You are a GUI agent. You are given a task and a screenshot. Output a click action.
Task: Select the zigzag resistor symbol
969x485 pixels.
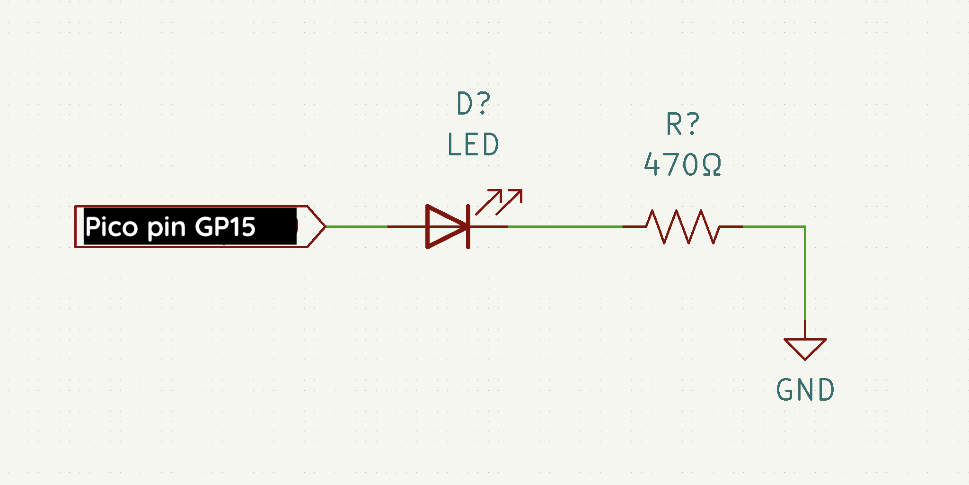coord(683,227)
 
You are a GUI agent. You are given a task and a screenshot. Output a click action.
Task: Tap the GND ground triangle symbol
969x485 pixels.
coord(805,348)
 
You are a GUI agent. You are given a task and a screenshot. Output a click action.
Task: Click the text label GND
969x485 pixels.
coord(805,390)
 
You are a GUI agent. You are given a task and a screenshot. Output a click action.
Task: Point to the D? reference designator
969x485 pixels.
coord(473,103)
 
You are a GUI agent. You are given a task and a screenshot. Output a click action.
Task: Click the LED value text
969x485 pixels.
coord(473,144)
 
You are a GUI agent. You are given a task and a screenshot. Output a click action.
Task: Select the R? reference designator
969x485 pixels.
coord(683,124)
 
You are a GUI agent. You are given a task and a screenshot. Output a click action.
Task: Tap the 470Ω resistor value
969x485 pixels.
coord(683,165)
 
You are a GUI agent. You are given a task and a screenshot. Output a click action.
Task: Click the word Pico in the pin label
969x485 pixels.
coord(111,227)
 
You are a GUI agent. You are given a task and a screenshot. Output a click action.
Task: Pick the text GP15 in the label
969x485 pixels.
coord(225,227)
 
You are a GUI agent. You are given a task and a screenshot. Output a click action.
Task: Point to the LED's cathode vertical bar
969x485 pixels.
coord(468,226)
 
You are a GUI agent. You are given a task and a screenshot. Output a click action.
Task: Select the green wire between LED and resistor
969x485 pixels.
coord(565,227)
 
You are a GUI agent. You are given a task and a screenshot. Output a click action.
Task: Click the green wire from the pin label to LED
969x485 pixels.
coord(356,226)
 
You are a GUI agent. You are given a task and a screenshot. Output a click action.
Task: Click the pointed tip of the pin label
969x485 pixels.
coord(324,226)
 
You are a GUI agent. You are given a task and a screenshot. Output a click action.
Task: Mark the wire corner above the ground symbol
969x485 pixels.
coord(805,227)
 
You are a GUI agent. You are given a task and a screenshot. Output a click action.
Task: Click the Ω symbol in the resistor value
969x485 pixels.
coord(712,165)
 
